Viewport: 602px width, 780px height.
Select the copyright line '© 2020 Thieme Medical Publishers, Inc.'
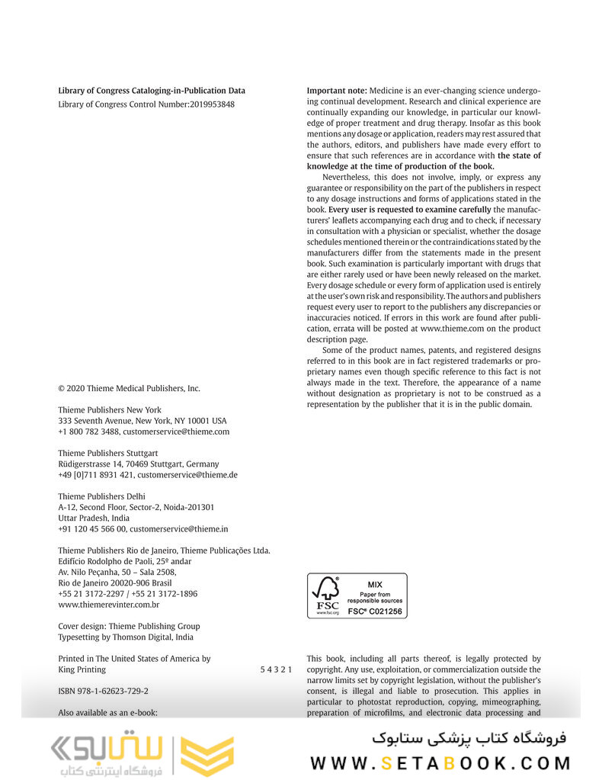[x=129, y=388]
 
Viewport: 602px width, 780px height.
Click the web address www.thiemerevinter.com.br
[x=108, y=605]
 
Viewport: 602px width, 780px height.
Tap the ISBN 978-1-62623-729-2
[x=103, y=692]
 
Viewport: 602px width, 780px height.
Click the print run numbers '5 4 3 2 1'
[x=276, y=669]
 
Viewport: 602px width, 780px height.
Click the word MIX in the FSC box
[x=374, y=584]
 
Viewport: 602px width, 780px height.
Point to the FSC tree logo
[x=328, y=589]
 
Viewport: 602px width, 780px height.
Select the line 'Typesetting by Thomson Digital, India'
[x=126, y=637]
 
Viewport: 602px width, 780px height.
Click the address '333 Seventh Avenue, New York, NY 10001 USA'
[x=142, y=421]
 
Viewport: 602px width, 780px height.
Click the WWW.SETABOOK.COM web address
[x=440, y=763]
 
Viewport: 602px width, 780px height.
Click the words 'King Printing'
[x=82, y=669]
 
